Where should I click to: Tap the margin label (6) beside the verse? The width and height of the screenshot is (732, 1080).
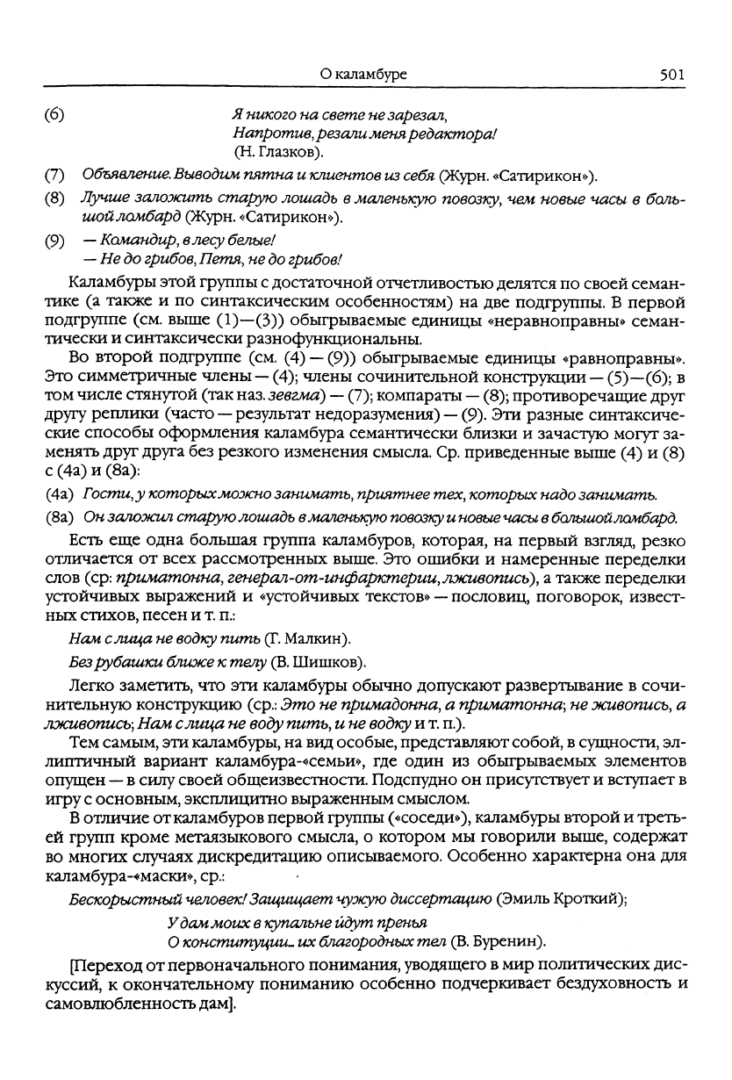pyautogui.click(x=53, y=115)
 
